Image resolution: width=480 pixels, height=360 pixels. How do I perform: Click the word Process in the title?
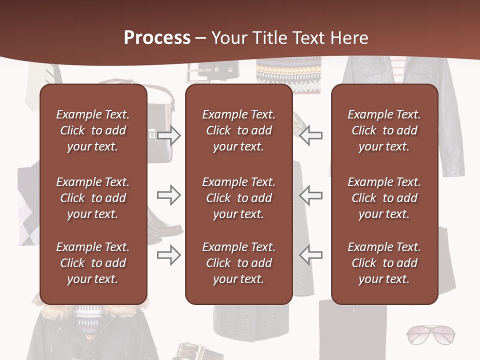[157, 38]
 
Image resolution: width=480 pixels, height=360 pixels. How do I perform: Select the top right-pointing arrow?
[169, 135]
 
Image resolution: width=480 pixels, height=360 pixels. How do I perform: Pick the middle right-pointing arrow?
[169, 195]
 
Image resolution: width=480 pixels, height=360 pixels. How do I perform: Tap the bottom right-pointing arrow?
[169, 255]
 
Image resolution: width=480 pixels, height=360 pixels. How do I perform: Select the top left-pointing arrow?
[310, 135]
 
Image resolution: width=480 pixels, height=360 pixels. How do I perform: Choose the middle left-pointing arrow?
[310, 195]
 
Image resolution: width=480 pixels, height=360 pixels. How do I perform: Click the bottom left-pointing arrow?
[310, 255]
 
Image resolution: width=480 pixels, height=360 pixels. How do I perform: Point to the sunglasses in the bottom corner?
[430, 334]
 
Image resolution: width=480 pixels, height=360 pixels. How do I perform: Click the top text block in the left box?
[93, 130]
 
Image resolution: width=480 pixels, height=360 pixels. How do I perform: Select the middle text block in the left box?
[93, 198]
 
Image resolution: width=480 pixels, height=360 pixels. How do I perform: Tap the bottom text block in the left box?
[93, 263]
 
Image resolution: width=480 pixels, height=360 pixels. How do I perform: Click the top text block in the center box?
[238, 130]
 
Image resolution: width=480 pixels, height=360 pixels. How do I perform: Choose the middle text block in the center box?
[238, 198]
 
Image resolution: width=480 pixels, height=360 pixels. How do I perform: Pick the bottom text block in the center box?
[238, 263]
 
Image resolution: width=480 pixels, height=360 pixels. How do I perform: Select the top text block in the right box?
[384, 130]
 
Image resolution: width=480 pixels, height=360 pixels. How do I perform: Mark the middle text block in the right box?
[384, 198]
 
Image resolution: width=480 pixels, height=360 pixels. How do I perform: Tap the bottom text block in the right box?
[384, 263]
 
